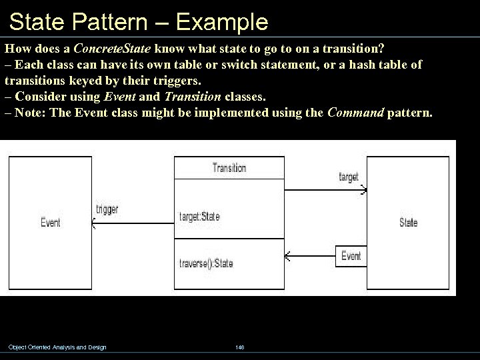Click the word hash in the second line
pos(357,65)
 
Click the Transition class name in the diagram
pos(229,168)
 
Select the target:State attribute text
pos(199,217)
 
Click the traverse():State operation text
pos(206,263)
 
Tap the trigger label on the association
pos(107,209)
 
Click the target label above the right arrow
pos(349,177)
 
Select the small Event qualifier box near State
pos(351,255)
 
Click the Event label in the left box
pos(51,223)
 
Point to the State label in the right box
pos(408,223)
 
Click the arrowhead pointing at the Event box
pos(93,225)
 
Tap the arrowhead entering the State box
pos(363,190)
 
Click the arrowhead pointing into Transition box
pos(287,256)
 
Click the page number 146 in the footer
pos(239,347)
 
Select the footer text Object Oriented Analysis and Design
pos(57,347)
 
